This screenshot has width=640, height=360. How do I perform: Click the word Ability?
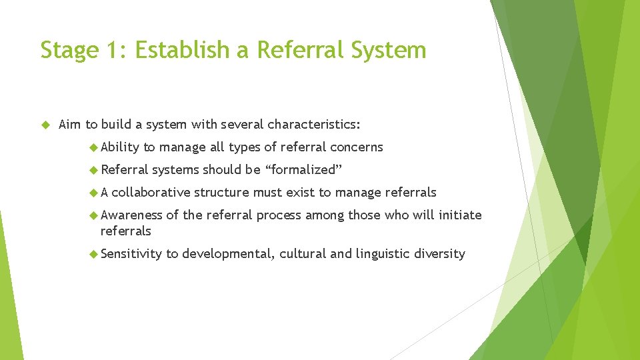[x=120, y=147]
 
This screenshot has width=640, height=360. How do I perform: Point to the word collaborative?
[x=151, y=193]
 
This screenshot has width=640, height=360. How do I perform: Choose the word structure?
[x=222, y=193]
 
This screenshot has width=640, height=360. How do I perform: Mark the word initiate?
[x=459, y=215]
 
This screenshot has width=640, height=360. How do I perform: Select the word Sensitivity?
[x=131, y=254]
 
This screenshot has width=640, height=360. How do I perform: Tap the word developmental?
[x=227, y=254]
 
